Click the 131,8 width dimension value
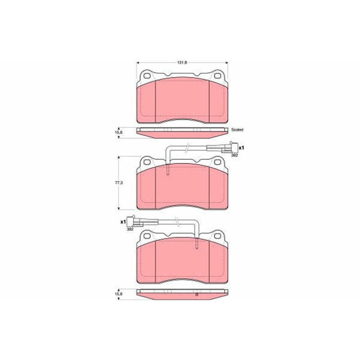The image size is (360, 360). click(x=182, y=63)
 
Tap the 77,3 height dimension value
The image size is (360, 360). click(x=119, y=183)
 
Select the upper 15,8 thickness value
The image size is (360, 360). click(x=118, y=132)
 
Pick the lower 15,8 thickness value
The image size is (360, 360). click(x=118, y=294)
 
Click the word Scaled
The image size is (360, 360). click(x=237, y=130)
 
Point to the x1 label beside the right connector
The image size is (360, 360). click(x=241, y=148)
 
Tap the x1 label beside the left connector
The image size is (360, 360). click(x=123, y=222)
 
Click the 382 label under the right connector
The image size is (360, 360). click(x=234, y=155)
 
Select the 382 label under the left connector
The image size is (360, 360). click(x=130, y=229)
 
